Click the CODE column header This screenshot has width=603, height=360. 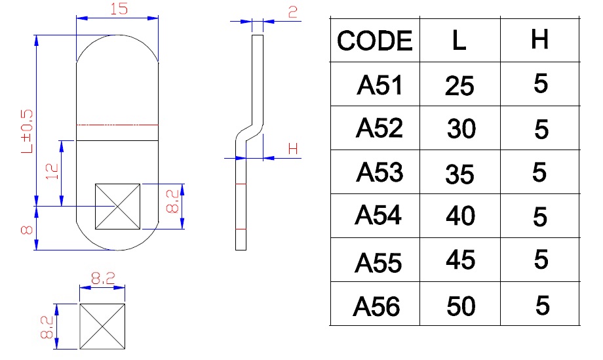pyautogui.click(x=375, y=41)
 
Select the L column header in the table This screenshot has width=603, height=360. pyautogui.click(x=459, y=41)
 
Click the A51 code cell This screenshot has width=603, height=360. pyautogui.click(x=379, y=85)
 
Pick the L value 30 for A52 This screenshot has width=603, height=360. pyautogui.click(x=461, y=129)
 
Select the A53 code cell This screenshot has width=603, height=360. pyautogui.click(x=379, y=172)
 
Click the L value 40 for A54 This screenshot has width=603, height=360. pyautogui.click(x=460, y=216)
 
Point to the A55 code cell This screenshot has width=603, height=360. pyautogui.click(x=378, y=262)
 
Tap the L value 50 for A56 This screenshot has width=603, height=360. pyautogui.click(x=460, y=306)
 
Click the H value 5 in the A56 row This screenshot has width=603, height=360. pyautogui.click(x=541, y=305)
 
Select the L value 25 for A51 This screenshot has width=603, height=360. pyautogui.click(x=459, y=86)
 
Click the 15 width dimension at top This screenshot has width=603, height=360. pyautogui.click(x=117, y=10)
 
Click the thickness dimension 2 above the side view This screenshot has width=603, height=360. pyautogui.click(x=292, y=10)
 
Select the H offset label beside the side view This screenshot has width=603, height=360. pyautogui.click(x=293, y=150)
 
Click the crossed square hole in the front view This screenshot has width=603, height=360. pyautogui.click(x=117, y=206)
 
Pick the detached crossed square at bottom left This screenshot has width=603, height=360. pyautogui.click(x=102, y=326)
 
